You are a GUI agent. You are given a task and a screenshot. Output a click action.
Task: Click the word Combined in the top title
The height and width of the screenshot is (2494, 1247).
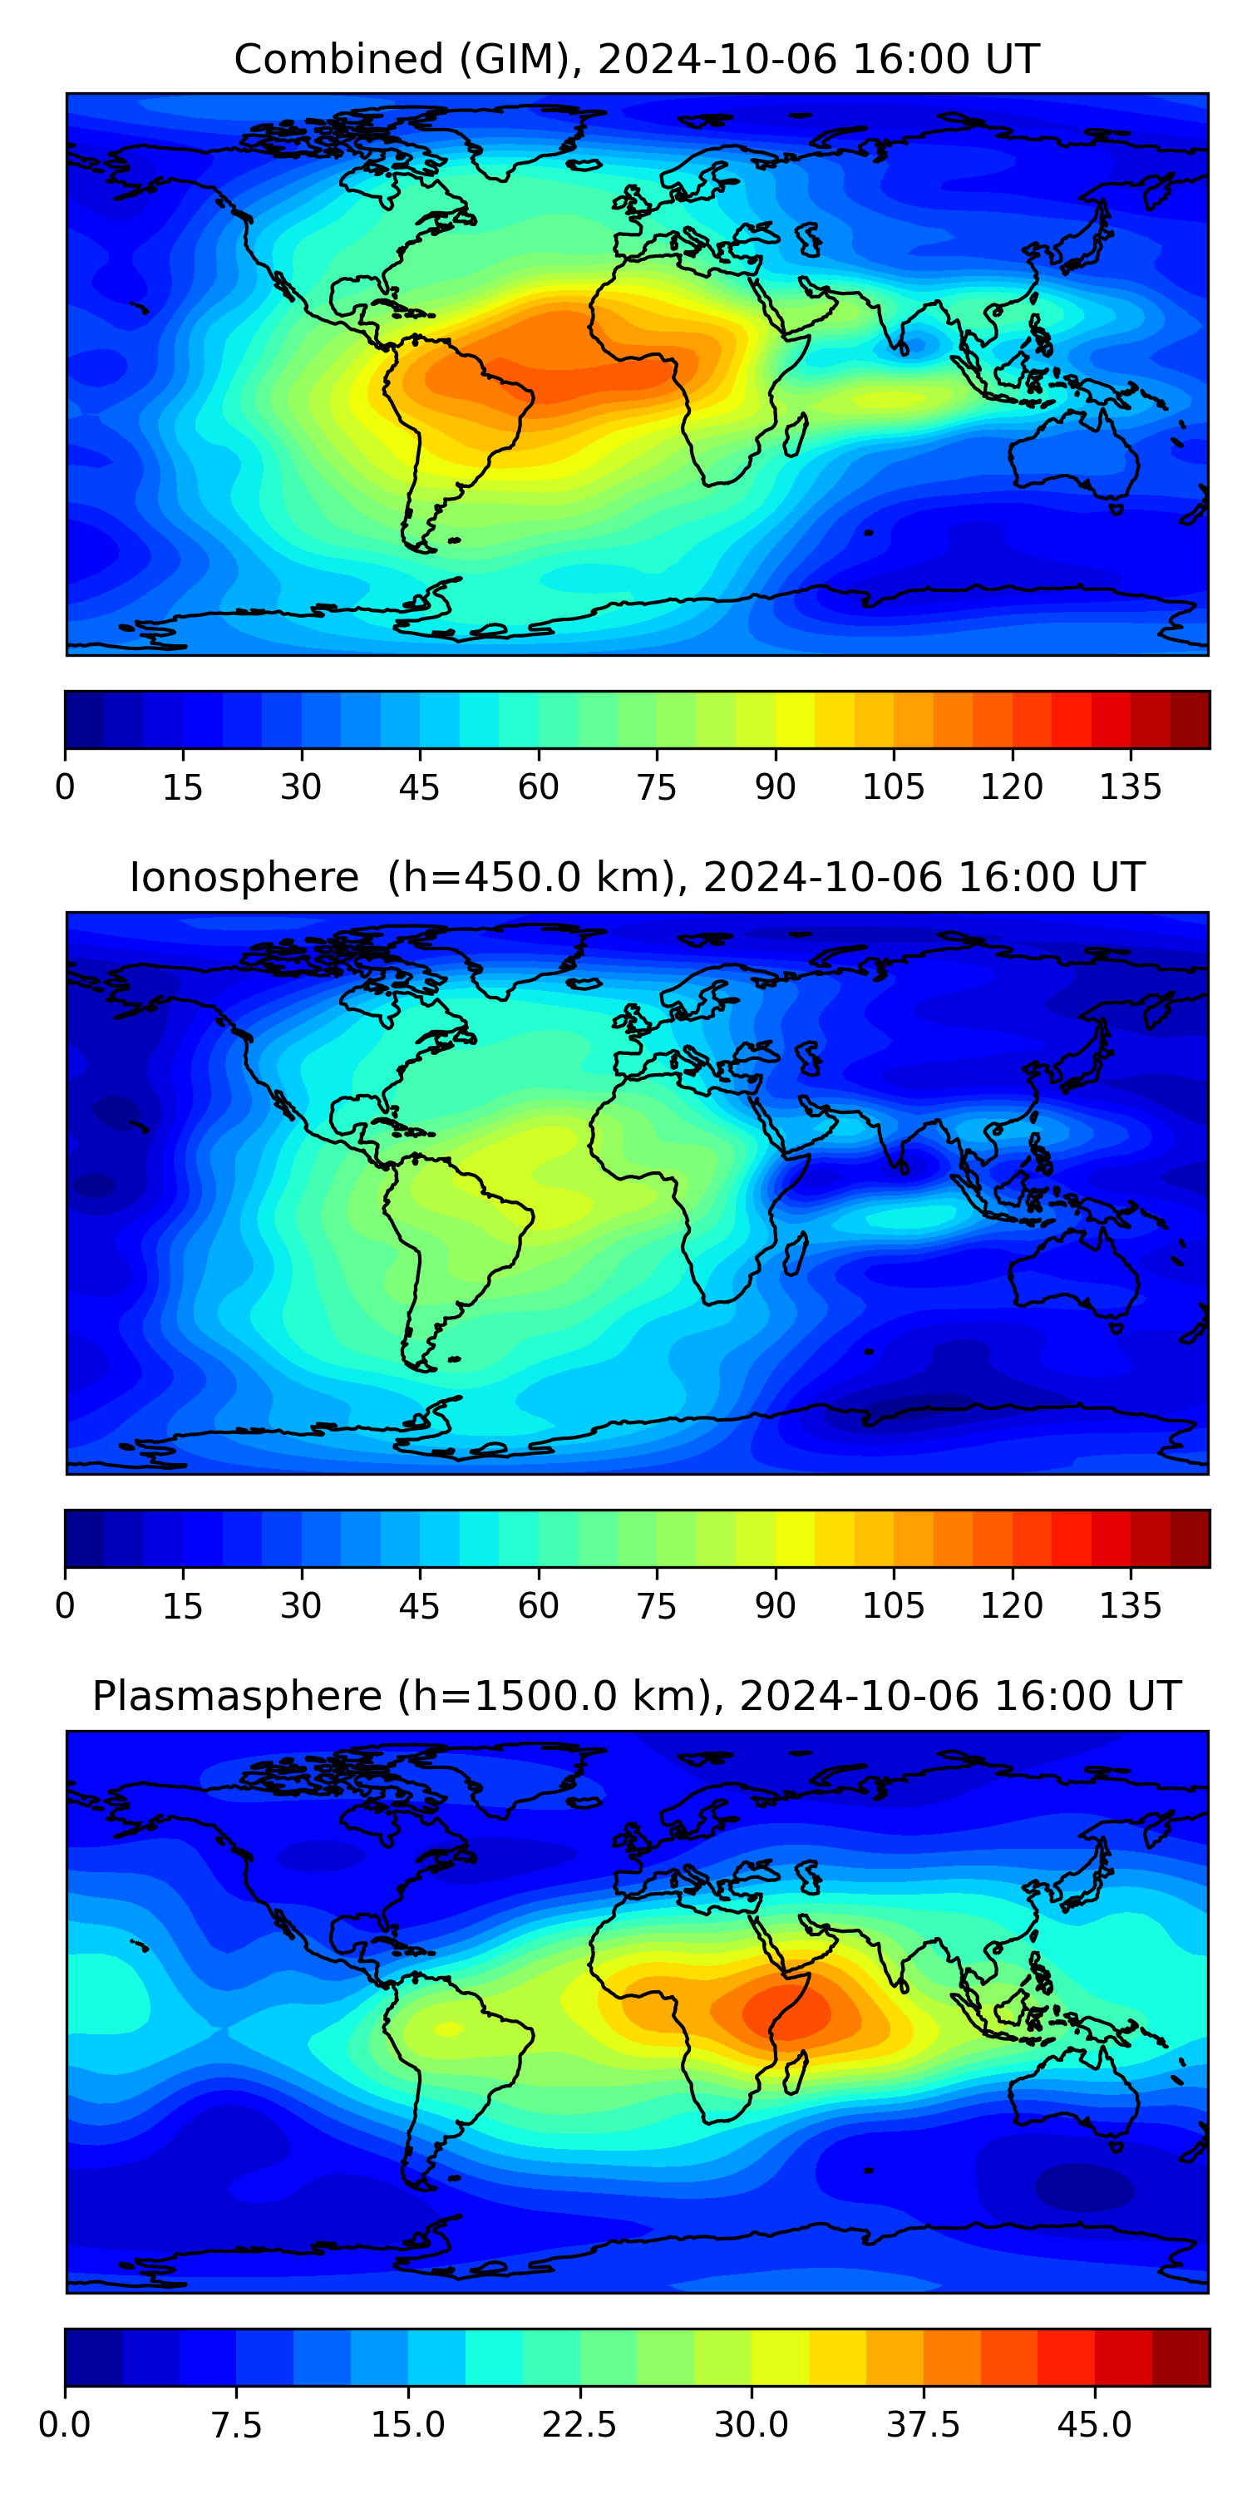click(338, 59)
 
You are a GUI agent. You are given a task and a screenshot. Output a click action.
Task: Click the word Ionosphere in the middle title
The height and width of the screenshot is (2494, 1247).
click(244, 877)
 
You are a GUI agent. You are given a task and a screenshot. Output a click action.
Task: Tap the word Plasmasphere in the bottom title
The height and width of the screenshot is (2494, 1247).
click(236, 1696)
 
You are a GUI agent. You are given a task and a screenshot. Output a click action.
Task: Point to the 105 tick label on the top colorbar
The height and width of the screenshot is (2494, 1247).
click(893, 787)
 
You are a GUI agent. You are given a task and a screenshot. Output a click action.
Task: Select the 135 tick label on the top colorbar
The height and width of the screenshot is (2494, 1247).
click(1130, 787)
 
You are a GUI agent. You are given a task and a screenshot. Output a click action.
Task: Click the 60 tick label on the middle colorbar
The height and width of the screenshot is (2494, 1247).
click(539, 1605)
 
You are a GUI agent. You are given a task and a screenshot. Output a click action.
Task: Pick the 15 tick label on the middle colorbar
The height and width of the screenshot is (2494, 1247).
click(182, 1605)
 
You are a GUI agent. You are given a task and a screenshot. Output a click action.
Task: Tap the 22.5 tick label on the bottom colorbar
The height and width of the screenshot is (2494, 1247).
click(579, 2424)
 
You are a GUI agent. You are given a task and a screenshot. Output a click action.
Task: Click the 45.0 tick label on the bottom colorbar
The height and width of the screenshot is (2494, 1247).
click(1094, 2424)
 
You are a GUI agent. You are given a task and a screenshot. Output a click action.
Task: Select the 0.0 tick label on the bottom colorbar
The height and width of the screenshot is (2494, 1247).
click(65, 2424)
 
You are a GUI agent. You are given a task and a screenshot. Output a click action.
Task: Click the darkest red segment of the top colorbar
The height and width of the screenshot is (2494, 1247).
click(1190, 719)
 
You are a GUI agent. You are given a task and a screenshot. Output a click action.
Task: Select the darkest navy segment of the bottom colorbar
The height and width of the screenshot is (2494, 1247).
click(93, 2357)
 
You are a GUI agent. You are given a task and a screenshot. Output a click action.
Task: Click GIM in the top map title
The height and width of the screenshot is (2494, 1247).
click(514, 59)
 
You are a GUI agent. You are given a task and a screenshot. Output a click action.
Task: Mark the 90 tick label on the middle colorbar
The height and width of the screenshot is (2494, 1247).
click(776, 1605)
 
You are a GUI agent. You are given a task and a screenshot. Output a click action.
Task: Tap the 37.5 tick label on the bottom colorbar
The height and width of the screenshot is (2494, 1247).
click(923, 2424)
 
